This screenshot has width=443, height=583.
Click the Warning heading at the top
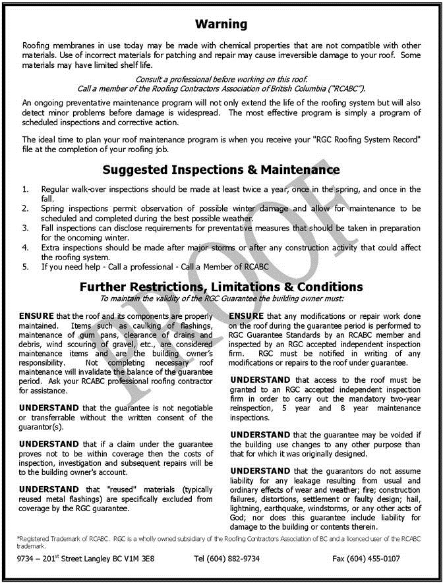pos(221,24)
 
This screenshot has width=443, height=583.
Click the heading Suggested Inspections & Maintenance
pos(221,170)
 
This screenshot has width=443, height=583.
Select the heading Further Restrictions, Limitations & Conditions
pos(221,287)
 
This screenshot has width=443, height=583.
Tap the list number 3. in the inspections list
pos(25,227)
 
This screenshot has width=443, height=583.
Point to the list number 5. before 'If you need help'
pos(25,267)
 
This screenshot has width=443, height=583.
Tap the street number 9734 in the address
pos(28,559)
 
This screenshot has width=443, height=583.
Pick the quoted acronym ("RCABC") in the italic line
pos(345,88)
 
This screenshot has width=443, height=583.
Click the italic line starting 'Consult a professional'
pos(221,79)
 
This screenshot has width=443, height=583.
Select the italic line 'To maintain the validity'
pos(221,298)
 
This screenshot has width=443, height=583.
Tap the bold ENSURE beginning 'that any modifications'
pos(250,316)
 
